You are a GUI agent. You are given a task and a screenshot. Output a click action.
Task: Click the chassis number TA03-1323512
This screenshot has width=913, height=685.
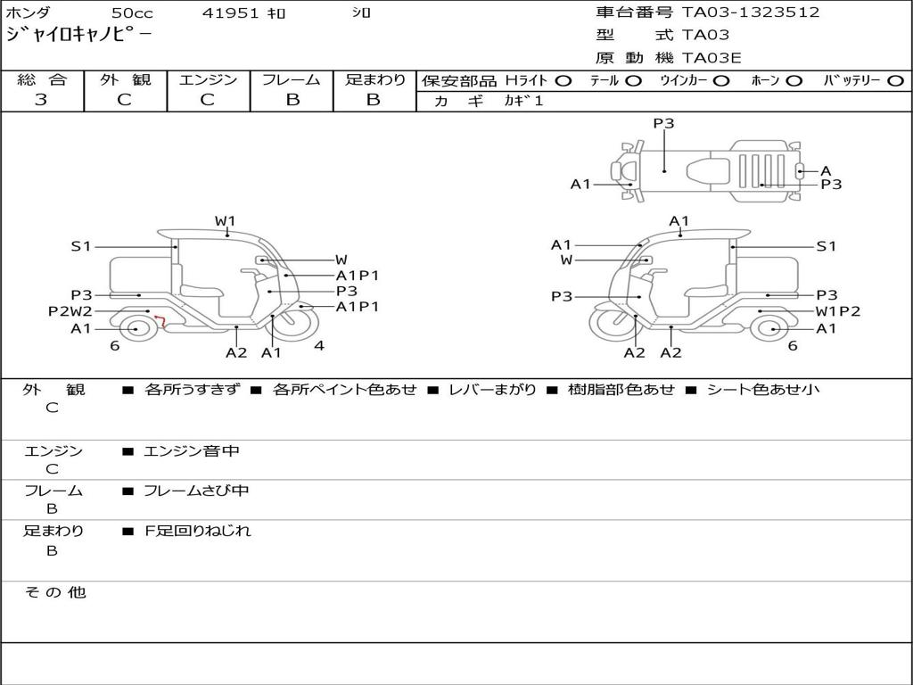[751, 12]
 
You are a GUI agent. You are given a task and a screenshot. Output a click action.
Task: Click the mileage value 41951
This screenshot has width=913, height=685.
[230, 12]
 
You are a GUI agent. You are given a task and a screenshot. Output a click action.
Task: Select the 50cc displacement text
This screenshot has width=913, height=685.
[132, 12]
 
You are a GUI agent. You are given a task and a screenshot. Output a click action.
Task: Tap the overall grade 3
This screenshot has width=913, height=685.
[41, 100]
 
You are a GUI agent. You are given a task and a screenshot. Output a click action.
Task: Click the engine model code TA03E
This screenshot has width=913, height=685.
[711, 58]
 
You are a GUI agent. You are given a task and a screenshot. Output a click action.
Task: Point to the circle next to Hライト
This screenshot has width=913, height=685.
[563, 81]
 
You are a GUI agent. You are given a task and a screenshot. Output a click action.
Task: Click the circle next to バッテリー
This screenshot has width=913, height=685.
[896, 81]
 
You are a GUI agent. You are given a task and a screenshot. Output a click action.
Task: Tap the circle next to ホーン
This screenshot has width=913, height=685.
[794, 81]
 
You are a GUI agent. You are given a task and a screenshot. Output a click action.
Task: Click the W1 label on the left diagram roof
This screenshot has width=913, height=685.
[225, 221]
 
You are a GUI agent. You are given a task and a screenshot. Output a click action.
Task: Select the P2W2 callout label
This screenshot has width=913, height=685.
[70, 311]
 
